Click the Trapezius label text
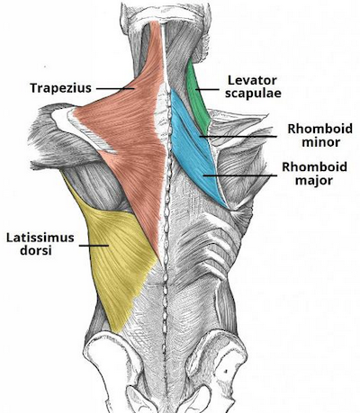pos(60,88)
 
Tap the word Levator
pos(252,80)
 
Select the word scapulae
pos(254,94)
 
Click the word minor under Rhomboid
pos(320,142)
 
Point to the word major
pos(314,181)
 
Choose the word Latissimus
pos(40,238)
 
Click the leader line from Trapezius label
pos(115,88)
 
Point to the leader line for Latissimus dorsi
pos(94,246)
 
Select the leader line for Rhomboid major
pos(240,175)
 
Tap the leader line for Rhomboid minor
pos(238,137)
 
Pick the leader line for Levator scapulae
pos(207,89)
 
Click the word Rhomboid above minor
pos(320,129)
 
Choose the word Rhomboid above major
pos(314,166)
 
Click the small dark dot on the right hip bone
pos(225,372)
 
